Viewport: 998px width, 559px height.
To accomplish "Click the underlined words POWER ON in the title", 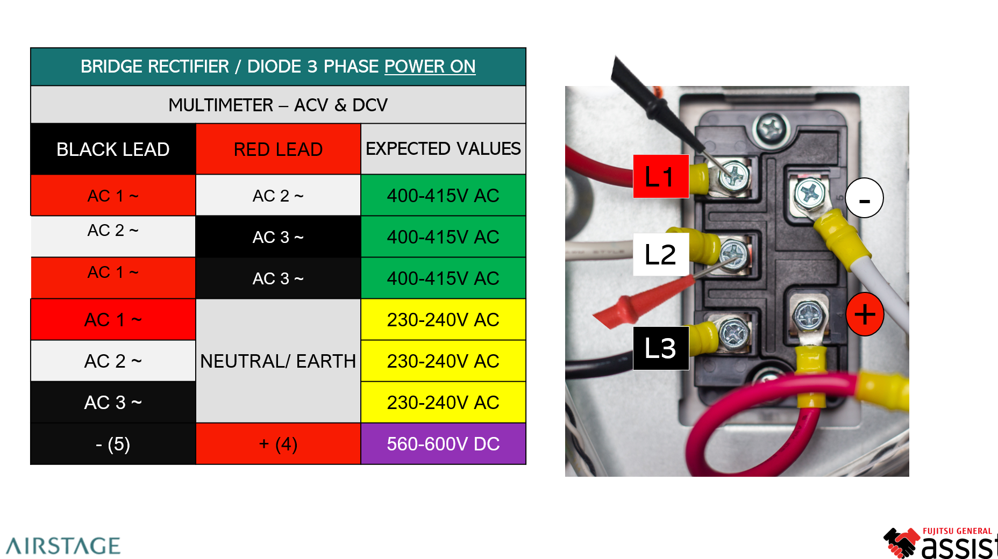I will pos(430,67).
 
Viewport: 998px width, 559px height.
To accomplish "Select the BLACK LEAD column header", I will pos(113,149).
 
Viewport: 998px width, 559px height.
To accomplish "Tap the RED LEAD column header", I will pos(278,149).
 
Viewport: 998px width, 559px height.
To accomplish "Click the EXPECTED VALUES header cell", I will pos(443,149).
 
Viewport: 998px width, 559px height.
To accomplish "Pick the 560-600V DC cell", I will pos(443,444).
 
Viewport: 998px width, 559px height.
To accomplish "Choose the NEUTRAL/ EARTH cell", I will pos(278,361).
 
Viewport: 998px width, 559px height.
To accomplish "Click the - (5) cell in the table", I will pos(113,444).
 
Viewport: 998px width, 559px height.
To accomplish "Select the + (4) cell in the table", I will pos(278,444).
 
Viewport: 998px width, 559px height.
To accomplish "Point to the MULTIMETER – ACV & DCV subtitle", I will pos(278,105).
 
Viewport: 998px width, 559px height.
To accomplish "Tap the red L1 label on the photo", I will pos(660,176).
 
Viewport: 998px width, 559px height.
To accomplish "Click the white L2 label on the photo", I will pos(660,254).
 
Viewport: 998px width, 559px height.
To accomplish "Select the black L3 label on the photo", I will pos(660,348).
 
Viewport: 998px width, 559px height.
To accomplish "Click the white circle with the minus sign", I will pos(864,198).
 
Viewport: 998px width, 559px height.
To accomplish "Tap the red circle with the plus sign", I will pos(865,314).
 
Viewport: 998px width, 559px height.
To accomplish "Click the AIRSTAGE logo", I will pos(63,546).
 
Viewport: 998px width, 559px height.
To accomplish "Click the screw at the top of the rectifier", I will pos(772,128).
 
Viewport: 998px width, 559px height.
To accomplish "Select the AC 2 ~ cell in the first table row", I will pos(278,196).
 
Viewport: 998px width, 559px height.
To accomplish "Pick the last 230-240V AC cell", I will pos(443,403).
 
